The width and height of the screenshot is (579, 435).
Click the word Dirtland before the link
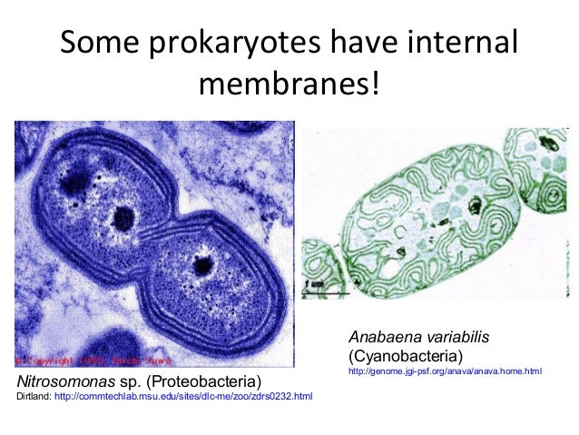tap(34, 396)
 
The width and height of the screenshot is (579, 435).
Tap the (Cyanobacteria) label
tap(404, 353)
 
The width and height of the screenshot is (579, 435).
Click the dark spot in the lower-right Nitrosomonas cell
tap(204, 264)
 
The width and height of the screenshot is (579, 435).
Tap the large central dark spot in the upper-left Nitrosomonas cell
tap(123, 217)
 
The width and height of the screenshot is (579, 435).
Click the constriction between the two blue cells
tap(163, 227)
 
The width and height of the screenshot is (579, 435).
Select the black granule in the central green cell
tap(474, 205)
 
